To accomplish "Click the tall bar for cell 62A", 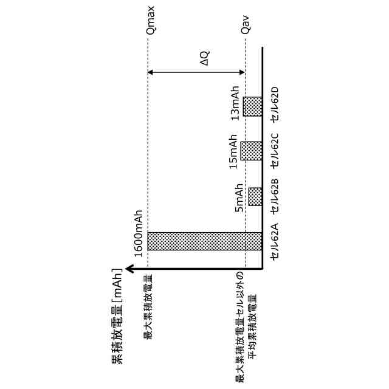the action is [204, 241].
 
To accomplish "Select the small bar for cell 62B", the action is [255, 196].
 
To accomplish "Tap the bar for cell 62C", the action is [252, 150].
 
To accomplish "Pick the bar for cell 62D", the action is [252, 106].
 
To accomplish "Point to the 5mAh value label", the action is [241, 196].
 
